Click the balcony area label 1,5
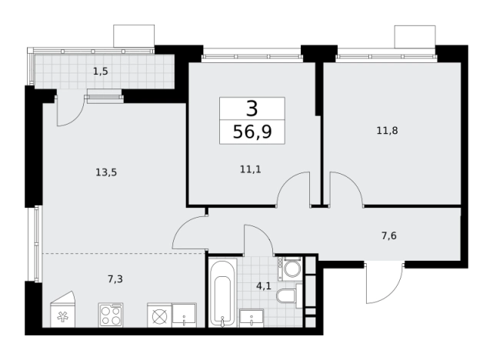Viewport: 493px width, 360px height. [x=101, y=72]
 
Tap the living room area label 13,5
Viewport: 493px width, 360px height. [x=106, y=172]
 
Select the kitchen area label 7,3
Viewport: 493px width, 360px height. [x=115, y=279]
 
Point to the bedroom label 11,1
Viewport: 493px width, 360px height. [x=251, y=170]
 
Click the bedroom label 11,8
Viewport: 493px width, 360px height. [x=388, y=131]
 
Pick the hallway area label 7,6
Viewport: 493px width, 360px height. [x=389, y=235]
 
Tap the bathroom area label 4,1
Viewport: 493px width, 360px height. [x=264, y=286]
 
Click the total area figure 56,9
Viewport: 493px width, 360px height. [x=252, y=132]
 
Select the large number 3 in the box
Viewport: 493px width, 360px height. [x=252, y=108]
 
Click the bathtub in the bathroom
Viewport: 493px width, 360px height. [x=222, y=292]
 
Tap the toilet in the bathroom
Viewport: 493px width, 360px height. [x=288, y=295]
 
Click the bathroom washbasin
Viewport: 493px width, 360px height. [x=251, y=318]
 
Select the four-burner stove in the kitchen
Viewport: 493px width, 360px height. [x=111, y=315]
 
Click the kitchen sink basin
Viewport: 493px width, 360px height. [x=184, y=315]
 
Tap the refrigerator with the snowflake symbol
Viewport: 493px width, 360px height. [x=63, y=309]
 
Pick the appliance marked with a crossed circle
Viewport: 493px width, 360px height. [x=159, y=315]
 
